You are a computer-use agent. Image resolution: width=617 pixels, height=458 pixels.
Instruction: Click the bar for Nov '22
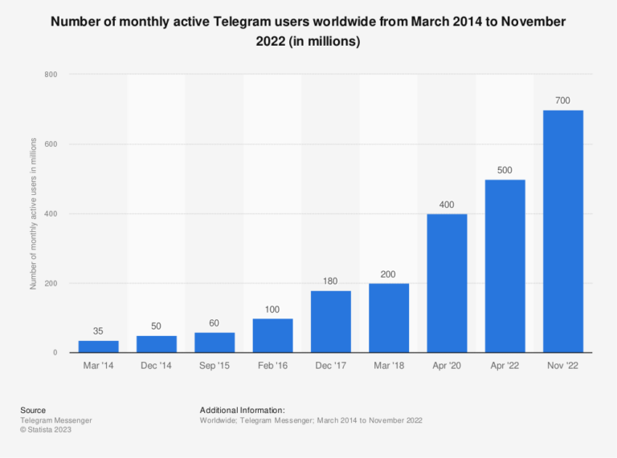point(563,231)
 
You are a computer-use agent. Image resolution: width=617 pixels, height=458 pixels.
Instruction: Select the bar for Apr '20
point(447,283)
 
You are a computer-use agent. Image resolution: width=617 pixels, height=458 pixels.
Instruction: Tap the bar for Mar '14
point(98,347)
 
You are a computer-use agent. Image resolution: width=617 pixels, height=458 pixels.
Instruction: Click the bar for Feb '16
point(272,335)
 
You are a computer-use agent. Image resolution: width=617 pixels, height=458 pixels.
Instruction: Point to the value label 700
point(563,99)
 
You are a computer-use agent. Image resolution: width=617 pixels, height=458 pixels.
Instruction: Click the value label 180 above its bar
point(331,280)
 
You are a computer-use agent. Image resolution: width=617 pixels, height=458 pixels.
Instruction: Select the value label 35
point(98,330)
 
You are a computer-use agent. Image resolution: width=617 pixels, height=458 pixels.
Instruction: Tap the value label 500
point(505,169)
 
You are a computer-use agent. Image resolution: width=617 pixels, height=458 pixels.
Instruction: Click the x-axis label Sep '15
point(215,366)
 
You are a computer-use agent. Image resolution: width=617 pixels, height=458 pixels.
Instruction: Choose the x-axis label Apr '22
point(505,366)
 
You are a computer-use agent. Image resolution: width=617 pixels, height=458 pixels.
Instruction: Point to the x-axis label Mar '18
point(389,366)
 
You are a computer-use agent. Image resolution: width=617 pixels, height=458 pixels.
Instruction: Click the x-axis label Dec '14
point(156,366)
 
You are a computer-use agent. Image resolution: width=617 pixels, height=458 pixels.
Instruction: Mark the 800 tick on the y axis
point(51,75)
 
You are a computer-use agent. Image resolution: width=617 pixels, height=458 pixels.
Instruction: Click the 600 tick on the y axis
point(51,144)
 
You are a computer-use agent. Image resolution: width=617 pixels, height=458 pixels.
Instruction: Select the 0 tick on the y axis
point(54,353)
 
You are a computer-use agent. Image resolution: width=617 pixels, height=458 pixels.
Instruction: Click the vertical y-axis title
point(33,213)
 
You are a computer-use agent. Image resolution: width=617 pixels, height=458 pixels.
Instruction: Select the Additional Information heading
point(242,410)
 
